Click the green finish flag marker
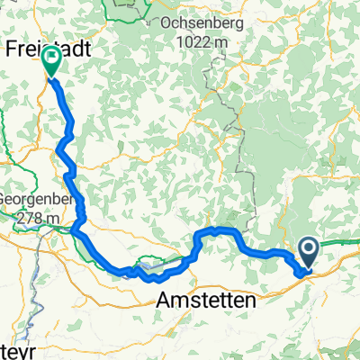click(x=51, y=62)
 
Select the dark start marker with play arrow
click(x=308, y=252)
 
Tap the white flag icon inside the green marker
click(x=51, y=60)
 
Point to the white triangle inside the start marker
click(x=309, y=249)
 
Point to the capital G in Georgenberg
click(x=4, y=202)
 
